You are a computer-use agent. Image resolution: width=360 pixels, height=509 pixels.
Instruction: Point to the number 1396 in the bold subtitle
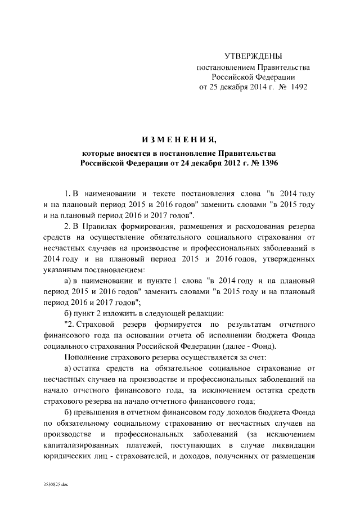[x=268, y=163]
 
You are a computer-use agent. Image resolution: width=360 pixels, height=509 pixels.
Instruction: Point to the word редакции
[x=207, y=313]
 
